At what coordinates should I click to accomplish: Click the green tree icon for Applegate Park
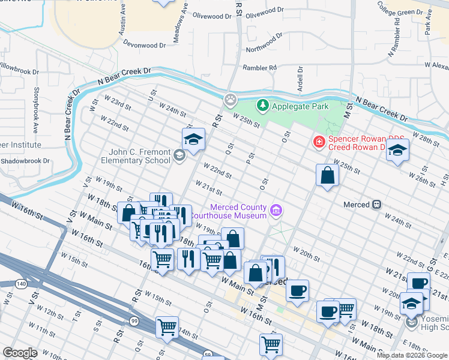point(262,106)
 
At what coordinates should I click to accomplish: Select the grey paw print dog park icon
point(230,99)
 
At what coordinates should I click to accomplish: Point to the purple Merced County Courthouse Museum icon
point(276,210)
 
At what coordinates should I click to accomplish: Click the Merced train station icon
point(377,205)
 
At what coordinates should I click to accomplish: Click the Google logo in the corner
point(20,353)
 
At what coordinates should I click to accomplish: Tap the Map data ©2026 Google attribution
point(412,355)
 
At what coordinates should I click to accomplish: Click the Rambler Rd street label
point(259,68)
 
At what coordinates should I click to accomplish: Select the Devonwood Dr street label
point(144,44)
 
